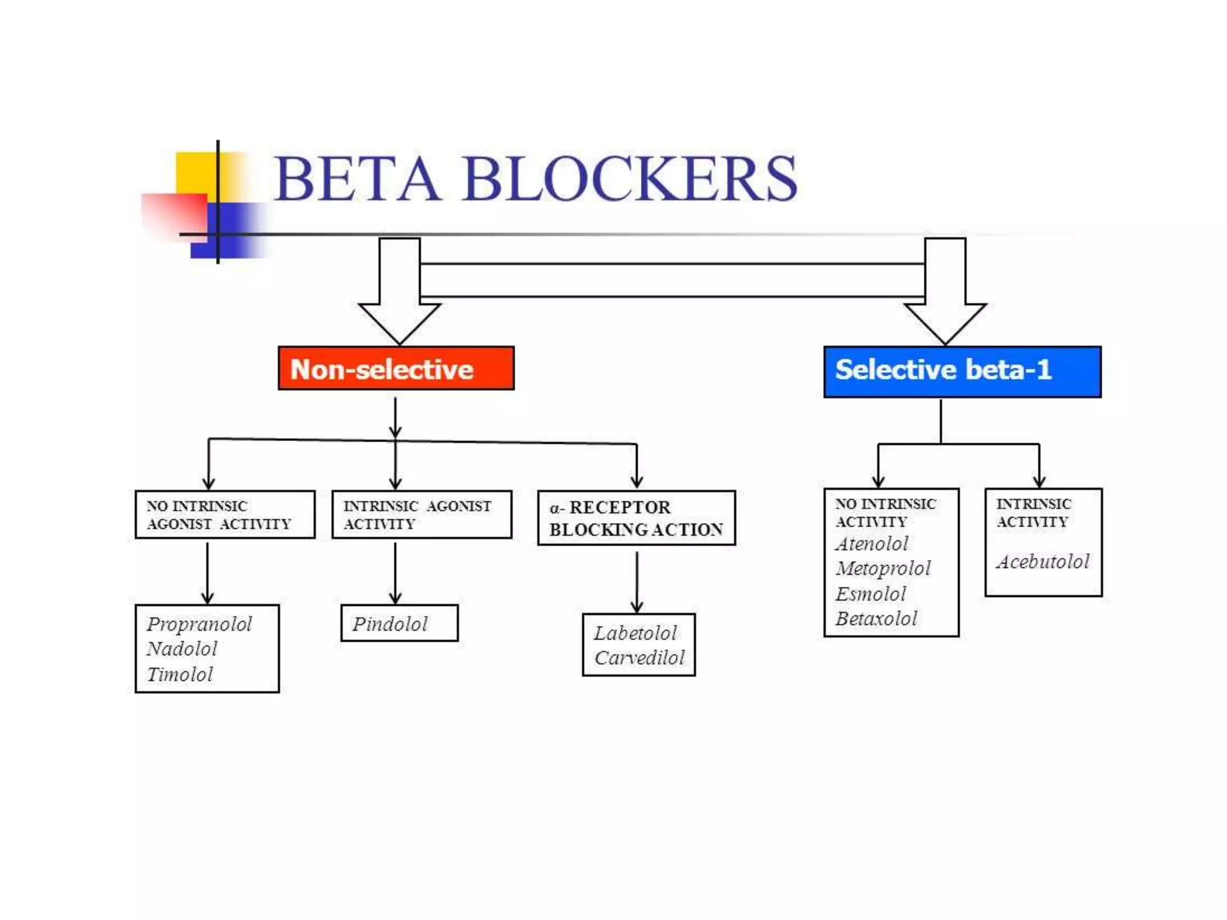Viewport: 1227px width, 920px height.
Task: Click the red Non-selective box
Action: point(396,368)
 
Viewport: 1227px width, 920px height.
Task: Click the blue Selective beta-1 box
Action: point(962,371)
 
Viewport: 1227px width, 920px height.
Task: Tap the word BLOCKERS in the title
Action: point(629,178)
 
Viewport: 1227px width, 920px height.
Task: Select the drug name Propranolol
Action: point(200,624)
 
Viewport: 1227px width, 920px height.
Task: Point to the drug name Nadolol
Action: point(182,649)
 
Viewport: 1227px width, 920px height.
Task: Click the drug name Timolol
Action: point(180,674)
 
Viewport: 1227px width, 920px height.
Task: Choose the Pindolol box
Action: point(399,624)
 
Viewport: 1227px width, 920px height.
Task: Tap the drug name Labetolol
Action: point(635,633)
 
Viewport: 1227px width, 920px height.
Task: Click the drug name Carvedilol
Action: point(639,658)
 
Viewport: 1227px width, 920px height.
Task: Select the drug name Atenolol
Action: point(872,544)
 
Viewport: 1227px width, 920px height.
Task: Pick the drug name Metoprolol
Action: point(883,568)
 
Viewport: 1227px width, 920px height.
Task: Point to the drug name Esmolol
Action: point(871,594)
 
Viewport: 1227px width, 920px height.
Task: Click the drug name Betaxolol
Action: point(877,618)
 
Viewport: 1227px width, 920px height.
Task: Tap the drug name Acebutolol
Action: point(1043,561)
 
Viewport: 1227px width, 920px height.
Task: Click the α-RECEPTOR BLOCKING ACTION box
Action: point(636,518)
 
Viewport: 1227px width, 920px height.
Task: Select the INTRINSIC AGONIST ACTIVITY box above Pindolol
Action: point(422,515)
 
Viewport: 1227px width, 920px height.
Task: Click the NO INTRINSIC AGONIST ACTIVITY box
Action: point(225,515)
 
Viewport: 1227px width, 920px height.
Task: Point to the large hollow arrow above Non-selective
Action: point(400,293)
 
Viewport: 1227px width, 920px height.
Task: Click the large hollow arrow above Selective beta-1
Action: point(945,293)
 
